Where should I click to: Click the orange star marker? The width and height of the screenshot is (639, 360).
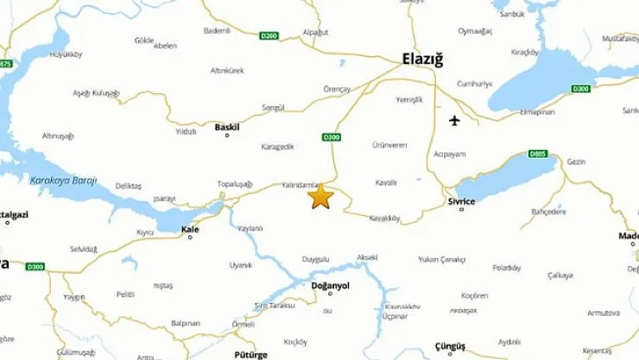coord(320,197)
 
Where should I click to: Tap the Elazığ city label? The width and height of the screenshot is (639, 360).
coord(422,60)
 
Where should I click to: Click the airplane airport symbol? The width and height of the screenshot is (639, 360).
coord(455,120)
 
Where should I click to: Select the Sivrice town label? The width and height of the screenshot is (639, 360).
coord(461,201)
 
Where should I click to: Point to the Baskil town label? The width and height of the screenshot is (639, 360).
coord(227,127)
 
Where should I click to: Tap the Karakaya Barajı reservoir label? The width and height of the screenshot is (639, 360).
coord(63,180)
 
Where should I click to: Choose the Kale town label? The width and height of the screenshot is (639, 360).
coord(190,230)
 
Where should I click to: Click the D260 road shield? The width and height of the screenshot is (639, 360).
coord(269,35)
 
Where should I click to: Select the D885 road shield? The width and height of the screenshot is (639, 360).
coord(537,154)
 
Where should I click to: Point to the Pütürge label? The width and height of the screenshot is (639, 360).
coord(250,354)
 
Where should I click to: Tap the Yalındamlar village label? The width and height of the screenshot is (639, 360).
coord(301,185)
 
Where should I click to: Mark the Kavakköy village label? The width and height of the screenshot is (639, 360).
coord(384,218)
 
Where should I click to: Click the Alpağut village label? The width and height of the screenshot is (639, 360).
coord(316,32)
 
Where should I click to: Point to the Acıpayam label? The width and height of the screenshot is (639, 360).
coord(450,155)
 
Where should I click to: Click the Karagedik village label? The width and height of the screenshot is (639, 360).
coord(277,147)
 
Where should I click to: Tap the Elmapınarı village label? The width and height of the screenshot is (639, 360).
coord(537,111)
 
